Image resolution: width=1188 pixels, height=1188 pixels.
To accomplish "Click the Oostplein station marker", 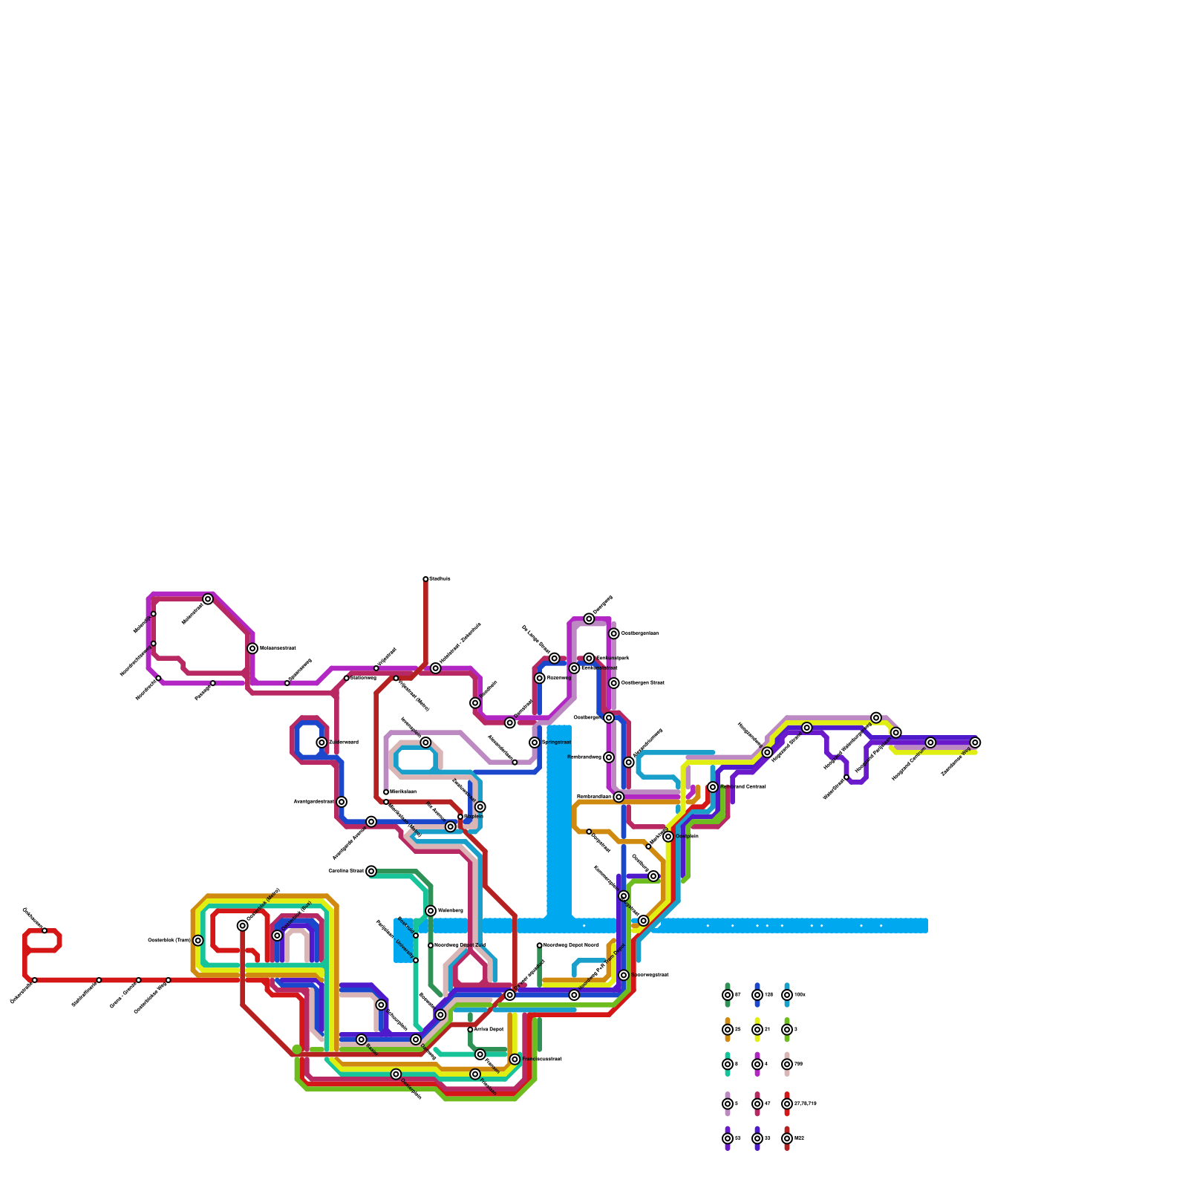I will pos(668,837).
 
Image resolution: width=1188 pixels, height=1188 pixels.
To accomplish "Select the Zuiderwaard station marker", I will pos(322,742).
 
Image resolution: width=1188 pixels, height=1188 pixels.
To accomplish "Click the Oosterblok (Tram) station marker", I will pos(198,941).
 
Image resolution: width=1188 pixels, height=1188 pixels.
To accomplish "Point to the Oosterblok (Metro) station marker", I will pos(243,925).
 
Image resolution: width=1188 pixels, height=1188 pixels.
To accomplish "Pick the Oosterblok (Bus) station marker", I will pos(278,936).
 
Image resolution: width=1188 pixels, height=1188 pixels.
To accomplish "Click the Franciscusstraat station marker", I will pos(515,1059).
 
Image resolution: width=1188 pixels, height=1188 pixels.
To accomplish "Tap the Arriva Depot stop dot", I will pos(470,1030).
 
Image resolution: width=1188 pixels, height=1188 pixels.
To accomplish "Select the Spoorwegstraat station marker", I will pos(624,975).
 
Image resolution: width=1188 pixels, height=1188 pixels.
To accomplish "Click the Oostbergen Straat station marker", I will pos(614,683).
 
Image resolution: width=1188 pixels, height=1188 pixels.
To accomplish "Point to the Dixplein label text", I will pos(474,817).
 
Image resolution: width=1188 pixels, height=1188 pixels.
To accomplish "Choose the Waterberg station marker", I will pos(431,911).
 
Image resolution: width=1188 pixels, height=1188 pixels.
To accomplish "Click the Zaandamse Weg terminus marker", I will pos(975,742).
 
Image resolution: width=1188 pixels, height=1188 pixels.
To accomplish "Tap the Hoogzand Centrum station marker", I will pos(930,742).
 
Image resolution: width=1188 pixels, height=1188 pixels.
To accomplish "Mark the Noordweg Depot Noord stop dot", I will pos(540,945).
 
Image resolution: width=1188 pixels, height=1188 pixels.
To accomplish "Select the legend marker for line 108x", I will pos(787,995).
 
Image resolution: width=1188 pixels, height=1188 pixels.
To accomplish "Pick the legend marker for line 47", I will pos(757,1104).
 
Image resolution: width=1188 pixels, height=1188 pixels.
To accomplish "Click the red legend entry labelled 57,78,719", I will pos(787,1104).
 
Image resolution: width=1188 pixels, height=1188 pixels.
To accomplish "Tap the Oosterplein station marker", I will pos(396,1074).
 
